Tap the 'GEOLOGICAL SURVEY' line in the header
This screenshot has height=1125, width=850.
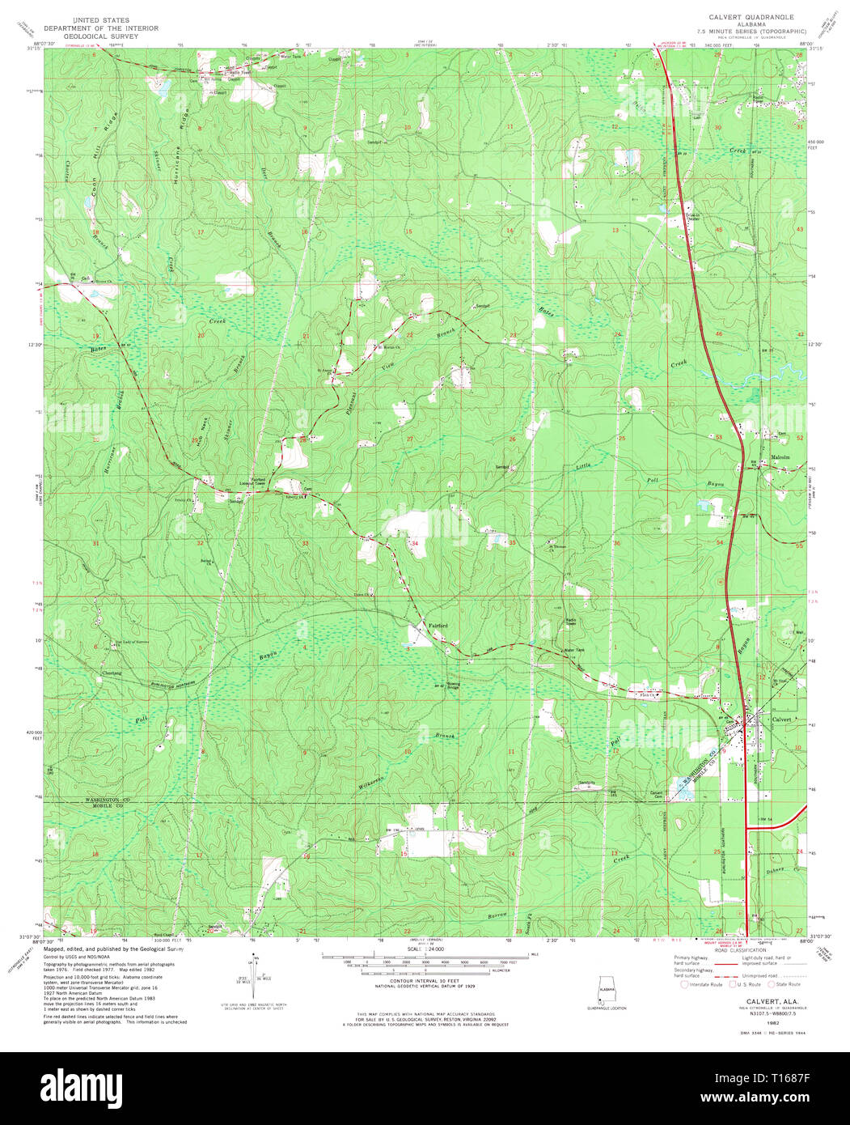pos(89,36)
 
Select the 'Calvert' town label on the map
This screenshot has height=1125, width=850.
pos(781,719)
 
